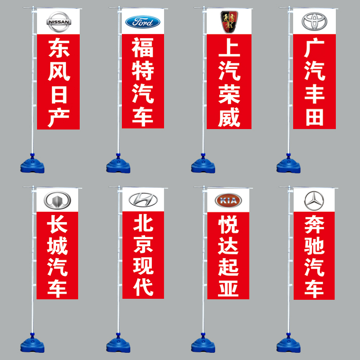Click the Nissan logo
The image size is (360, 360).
tap(58, 22)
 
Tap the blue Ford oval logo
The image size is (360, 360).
tap(142, 22)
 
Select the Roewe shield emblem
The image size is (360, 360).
tap(229, 20)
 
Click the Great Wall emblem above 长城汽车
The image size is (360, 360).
tap(57, 200)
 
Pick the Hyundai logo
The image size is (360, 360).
tap(142, 200)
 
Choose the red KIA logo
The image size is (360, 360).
tap(228, 200)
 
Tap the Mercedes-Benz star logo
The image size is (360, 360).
tap(314, 200)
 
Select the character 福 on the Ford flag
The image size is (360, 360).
tap(142, 48)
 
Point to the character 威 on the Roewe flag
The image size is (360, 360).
tap(229, 118)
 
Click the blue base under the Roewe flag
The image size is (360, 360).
tap(203, 164)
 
